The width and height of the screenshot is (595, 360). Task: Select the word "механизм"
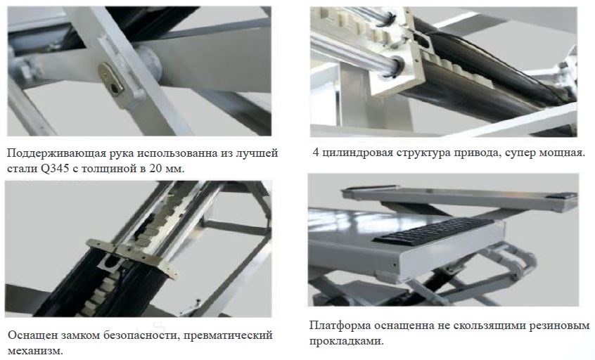pyautogui.click(x=35, y=351)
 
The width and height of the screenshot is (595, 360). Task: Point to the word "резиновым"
pyautogui.click(x=558, y=326)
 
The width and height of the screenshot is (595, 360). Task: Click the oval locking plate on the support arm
pyautogui.click(x=111, y=79)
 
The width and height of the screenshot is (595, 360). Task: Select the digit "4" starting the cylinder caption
pyautogui.click(x=316, y=153)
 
